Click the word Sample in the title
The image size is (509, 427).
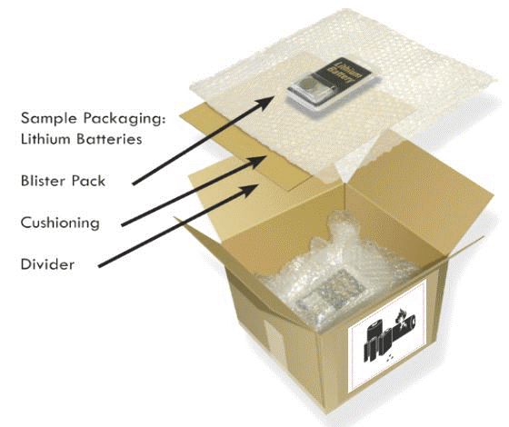click(49, 118)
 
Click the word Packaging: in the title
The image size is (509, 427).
click(125, 118)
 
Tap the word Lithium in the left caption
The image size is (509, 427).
click(45, 138)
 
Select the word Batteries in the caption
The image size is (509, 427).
click(109, 139)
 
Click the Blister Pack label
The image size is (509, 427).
click(63, 181)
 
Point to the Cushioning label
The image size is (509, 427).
click(60, 223)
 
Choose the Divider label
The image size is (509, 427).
click(47, 264)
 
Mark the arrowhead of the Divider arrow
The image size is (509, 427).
click(251, 190)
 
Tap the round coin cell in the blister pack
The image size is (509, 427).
click(309, 85)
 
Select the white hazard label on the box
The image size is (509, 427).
click(387, 336)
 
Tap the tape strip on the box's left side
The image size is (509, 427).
click(274, 340)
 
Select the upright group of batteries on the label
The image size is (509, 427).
click(378, 342)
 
